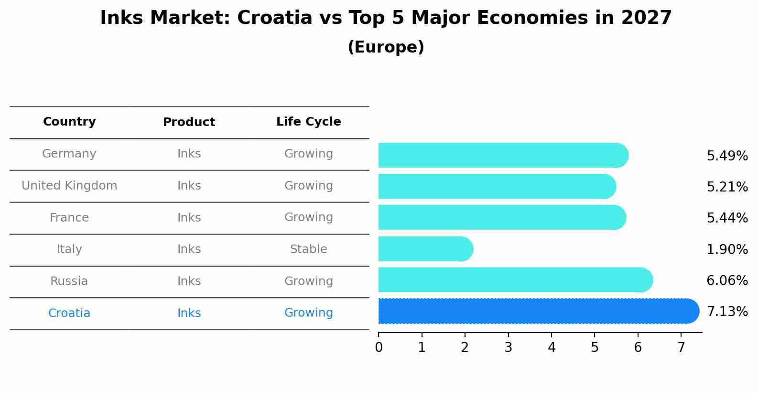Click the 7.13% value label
(727, 312)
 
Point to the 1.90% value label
(727, 249)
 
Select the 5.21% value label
(727, 187)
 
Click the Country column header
(69, 122)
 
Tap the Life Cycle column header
(308, 122)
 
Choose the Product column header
(189, 122)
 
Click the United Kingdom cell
(69, 186)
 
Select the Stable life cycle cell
(308, 249)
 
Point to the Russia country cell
(69, 281)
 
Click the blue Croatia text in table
(69, 313)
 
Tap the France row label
(69, 218)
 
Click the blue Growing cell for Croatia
(308, 313)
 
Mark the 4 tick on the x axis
(552, 348)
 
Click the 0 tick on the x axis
(379, 348)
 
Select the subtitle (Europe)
(386, 47)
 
